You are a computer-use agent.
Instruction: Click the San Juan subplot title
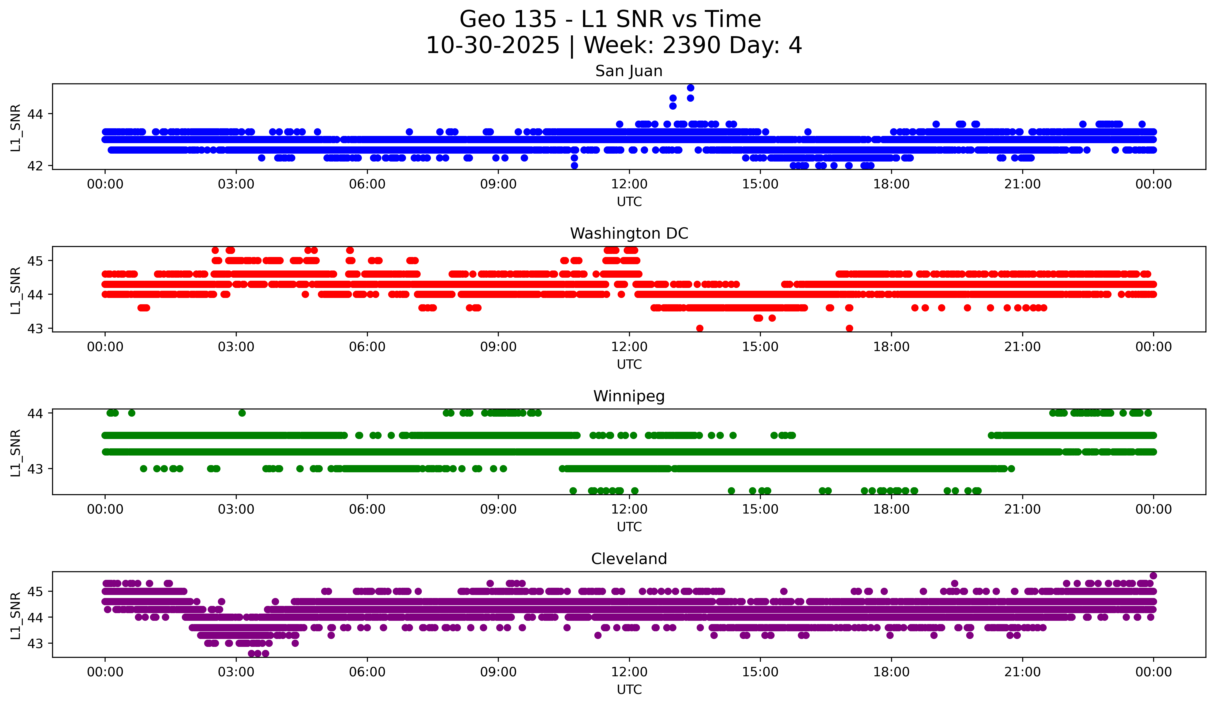tap(629, 71)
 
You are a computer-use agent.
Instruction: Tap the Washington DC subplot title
tap(629, 233)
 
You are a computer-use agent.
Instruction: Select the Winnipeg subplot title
tap(629, 396)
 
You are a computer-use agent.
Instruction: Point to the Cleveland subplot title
tap(629, 559)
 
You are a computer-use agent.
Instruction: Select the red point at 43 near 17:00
tap(849, 328)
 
